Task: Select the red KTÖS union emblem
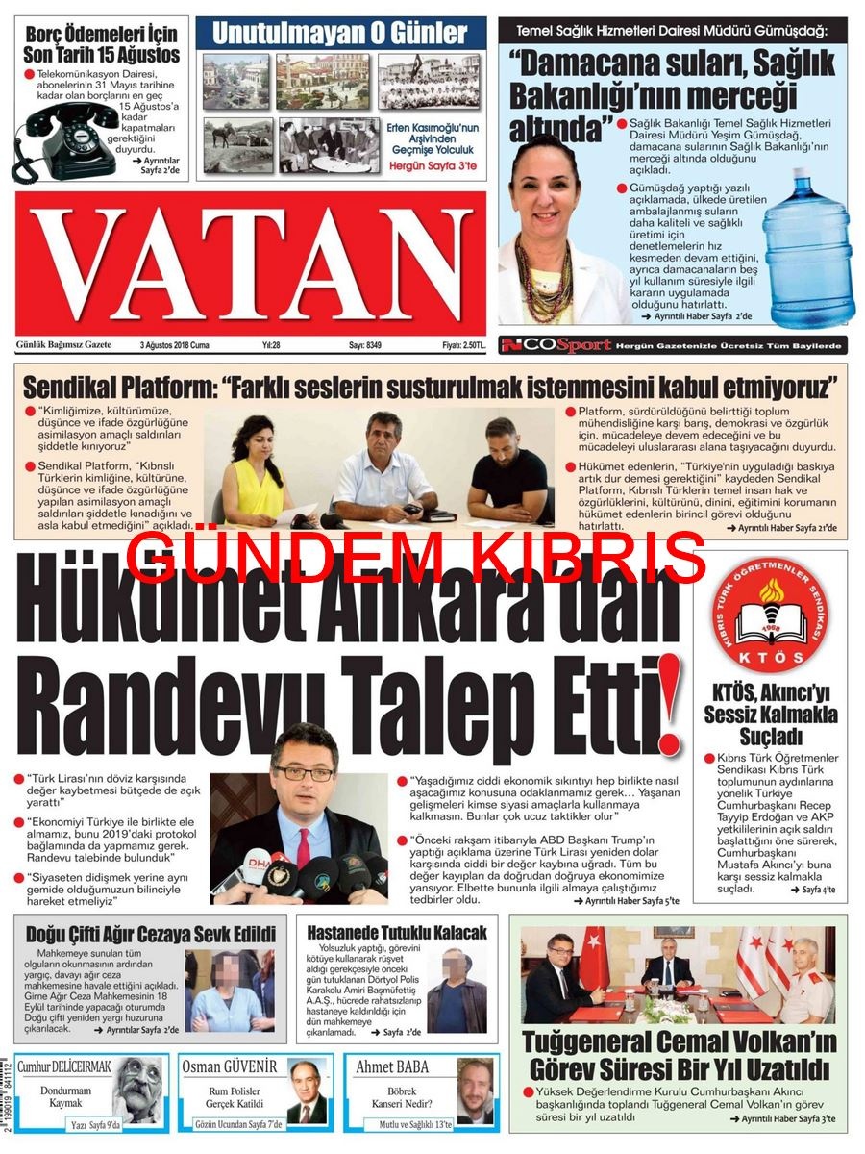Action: click(x=771, y=616)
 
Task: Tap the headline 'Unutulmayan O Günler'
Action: click(x=340, y=34)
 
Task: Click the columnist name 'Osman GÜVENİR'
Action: click(x=230, y=1066)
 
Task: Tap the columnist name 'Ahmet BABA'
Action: click(x=392, y=1066)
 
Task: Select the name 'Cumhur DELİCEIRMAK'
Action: click(x=65, y=1066)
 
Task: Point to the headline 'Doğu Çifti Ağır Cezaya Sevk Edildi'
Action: click(x=150, y=934)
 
